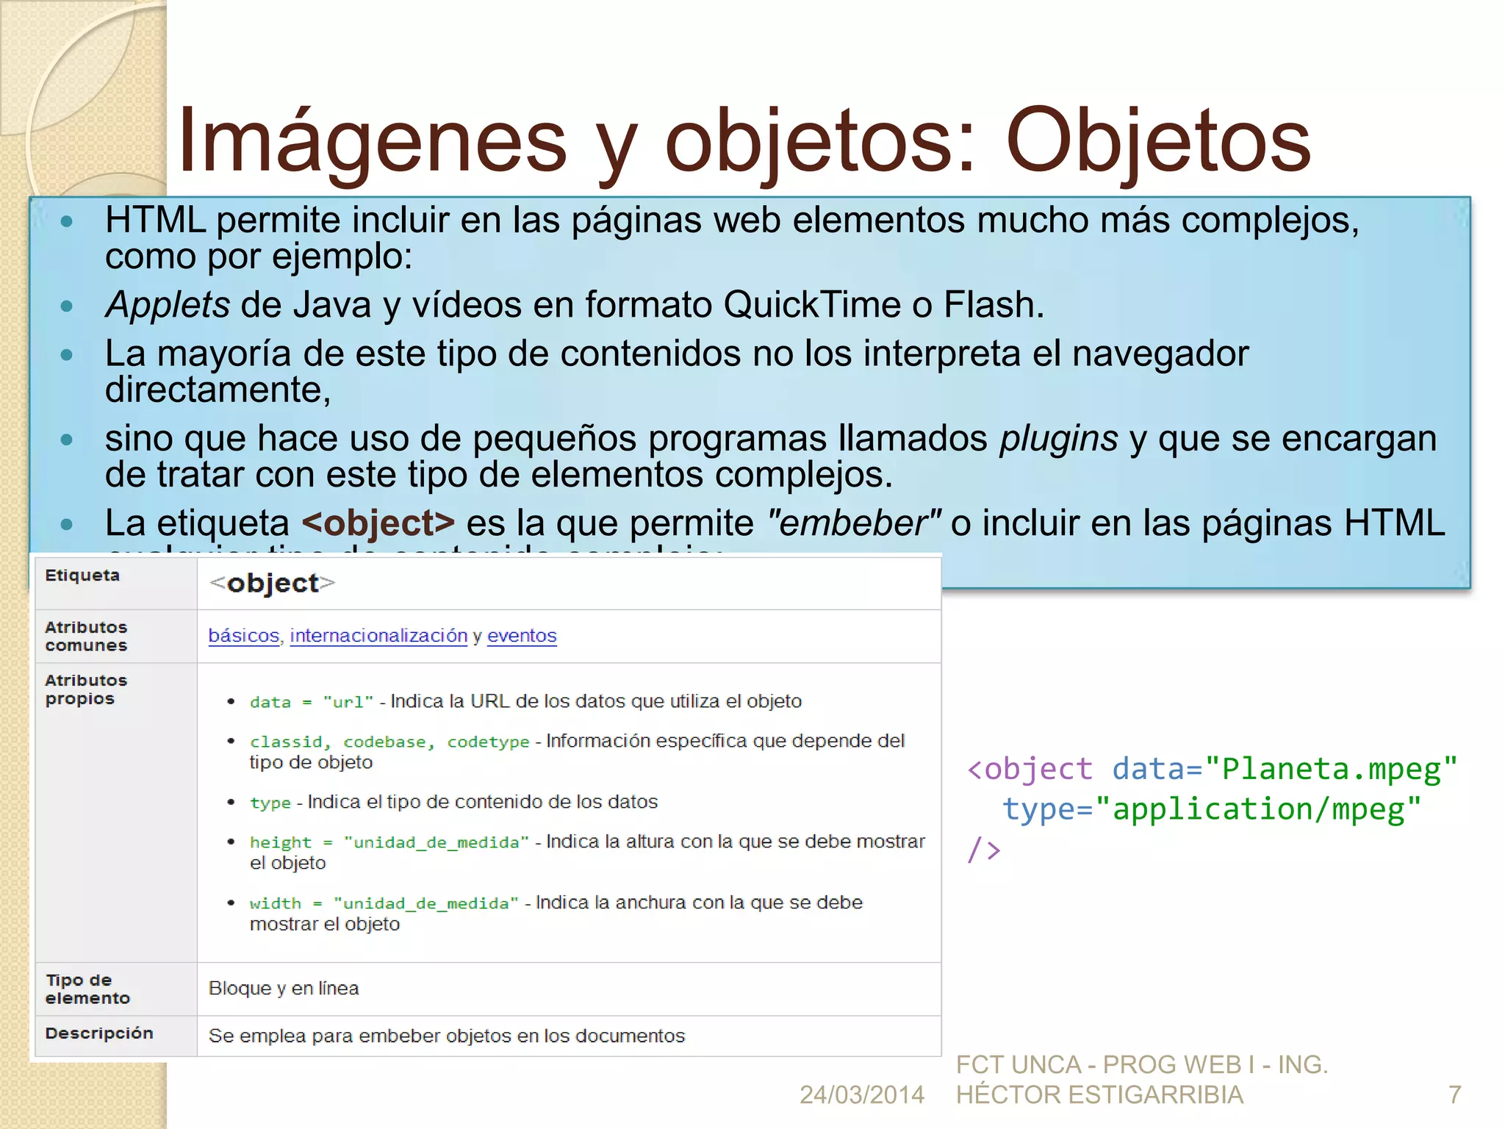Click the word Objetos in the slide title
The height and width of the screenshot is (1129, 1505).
click(1157, 141)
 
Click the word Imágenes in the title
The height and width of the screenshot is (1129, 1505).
click(372, 141)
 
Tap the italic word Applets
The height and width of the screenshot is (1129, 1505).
click(168, 304)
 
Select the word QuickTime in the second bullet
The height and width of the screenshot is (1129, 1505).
click(812, 304)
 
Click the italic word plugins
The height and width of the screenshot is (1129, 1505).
click(1058, 439)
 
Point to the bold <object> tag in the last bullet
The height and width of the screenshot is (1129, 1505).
click(378, 523)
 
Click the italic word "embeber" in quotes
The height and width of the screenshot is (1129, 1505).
click(853, 523)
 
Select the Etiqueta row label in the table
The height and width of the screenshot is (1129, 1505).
click(82, 576)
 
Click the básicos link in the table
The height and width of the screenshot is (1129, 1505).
click(244, 636)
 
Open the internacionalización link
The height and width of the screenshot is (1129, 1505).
click(378, 636)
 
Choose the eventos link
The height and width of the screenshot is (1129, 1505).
click(522, 636)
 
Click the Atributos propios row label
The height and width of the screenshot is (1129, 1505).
click(86, 689)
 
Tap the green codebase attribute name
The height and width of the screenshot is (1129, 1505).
click(389, 742)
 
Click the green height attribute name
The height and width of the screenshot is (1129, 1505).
click(281, 842)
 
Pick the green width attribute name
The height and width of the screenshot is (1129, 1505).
click(276, 903)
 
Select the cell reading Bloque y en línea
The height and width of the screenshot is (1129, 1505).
click(284, 989)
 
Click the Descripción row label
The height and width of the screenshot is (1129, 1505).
click(99, 1033)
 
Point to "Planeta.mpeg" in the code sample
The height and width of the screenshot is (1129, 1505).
click(1331, 769)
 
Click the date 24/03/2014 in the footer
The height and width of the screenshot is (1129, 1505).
click(862, 1095)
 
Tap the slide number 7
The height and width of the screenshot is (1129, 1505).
click(1454, 1095)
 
